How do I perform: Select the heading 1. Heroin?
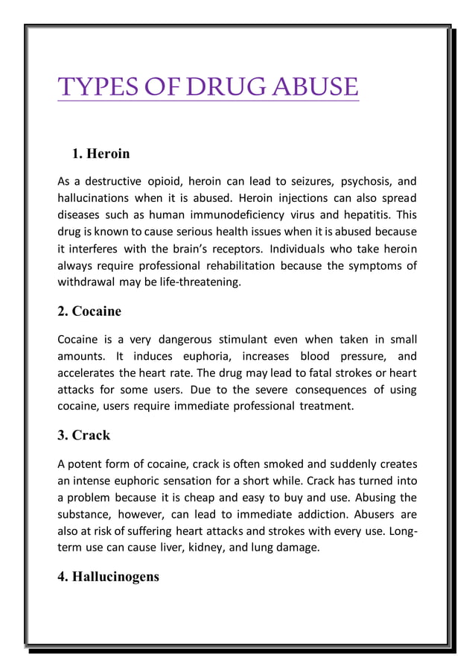point(101,154)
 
